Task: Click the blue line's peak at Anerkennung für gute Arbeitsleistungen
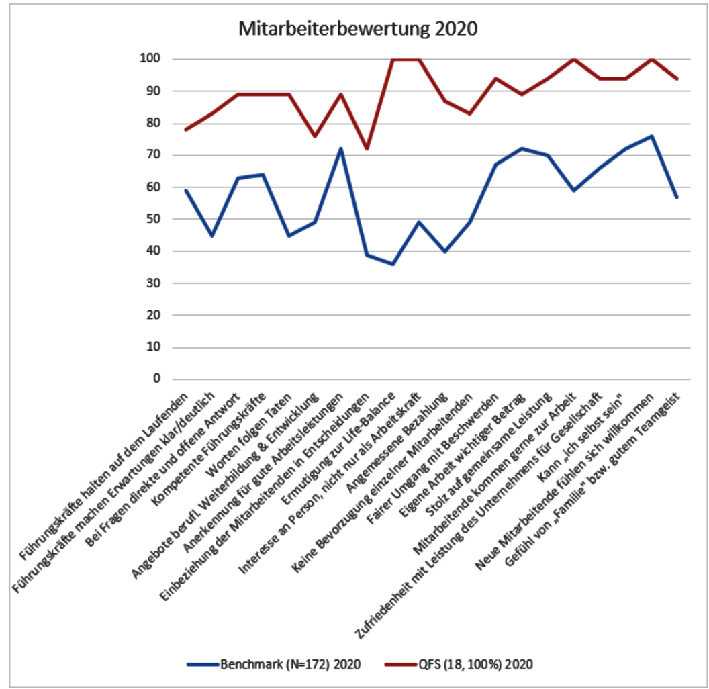[x=340, y=148]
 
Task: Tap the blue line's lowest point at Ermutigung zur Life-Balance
[x=392, y=264]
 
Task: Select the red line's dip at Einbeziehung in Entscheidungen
[x=366, y=148]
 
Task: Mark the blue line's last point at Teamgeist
[x=677, y=197]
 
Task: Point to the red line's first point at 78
[x=185, y=130]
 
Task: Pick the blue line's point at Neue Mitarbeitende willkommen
[x=651, y=136]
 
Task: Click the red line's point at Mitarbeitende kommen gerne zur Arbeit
[x=573, y=59]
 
